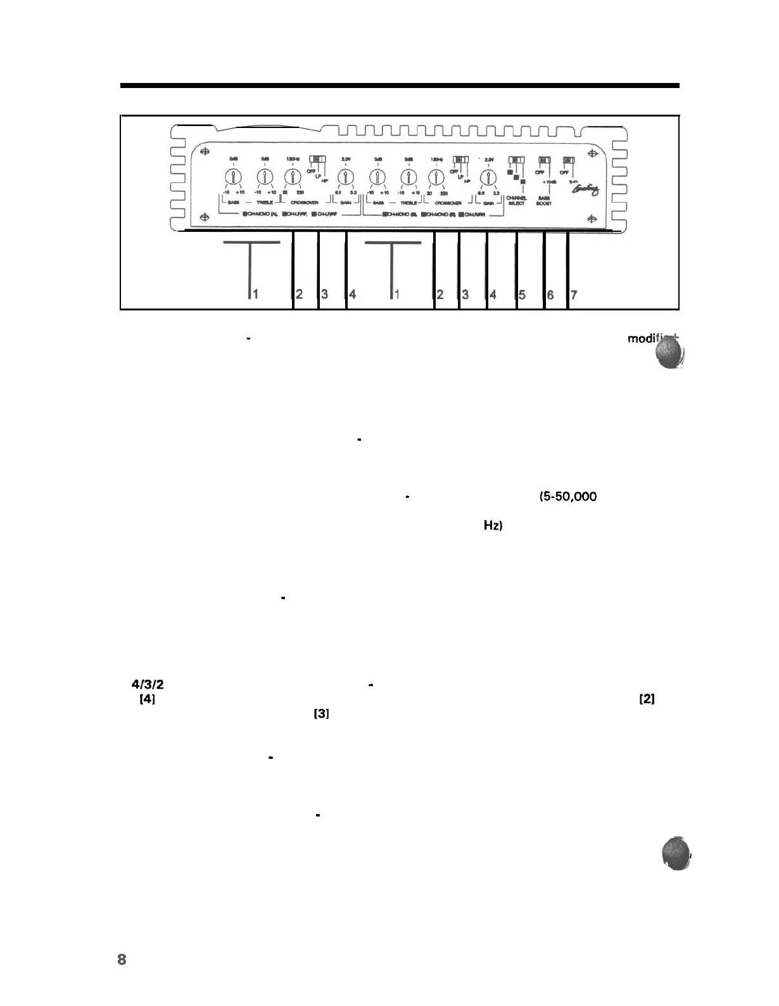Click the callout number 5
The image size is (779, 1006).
coord(522,295)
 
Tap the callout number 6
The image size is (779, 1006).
coord(550,295)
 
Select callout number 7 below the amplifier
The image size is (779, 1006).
coord(573,295)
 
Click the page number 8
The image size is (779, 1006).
coord(122,959)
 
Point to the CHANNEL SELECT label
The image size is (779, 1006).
coord(516,200)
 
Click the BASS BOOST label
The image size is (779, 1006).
coord(543,200)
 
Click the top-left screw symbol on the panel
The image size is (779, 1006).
coord(204,152)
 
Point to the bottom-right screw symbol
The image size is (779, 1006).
coord(592,219)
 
